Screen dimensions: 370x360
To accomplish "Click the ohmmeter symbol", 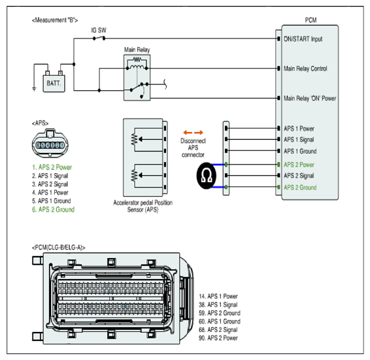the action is pos(206,176).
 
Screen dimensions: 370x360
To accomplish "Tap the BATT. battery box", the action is pos(54,83).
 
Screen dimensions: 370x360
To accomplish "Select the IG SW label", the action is pos(99,30).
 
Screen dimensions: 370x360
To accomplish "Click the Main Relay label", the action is pos(137,50).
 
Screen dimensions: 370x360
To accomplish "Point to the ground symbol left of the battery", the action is pos(34,89).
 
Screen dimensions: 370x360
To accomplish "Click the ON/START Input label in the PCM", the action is pos(303,39).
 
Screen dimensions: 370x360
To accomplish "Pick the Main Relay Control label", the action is pos(305,69).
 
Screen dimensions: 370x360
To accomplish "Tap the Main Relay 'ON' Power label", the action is pos(310,98).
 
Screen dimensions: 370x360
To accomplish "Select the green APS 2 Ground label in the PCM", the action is pos(300,188).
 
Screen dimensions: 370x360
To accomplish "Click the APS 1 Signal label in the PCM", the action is pos(299,140).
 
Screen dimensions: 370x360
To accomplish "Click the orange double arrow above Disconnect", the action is pos(193,133).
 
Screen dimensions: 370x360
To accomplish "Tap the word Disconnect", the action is pos(193,141).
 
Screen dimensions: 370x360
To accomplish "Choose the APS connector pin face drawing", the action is pos(50,144).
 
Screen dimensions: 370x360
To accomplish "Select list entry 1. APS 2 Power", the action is pos(52,167).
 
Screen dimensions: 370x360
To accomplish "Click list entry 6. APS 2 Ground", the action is pos(54,210).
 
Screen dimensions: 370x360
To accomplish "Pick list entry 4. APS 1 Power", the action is pos(50,193).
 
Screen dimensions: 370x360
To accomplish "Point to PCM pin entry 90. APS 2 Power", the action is pos(218,338).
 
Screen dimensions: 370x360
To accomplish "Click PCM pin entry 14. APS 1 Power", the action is pos(218,297).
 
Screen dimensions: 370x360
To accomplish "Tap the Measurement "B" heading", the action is pos(55,20).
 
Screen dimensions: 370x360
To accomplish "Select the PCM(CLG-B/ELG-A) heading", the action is pos(59,248).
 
